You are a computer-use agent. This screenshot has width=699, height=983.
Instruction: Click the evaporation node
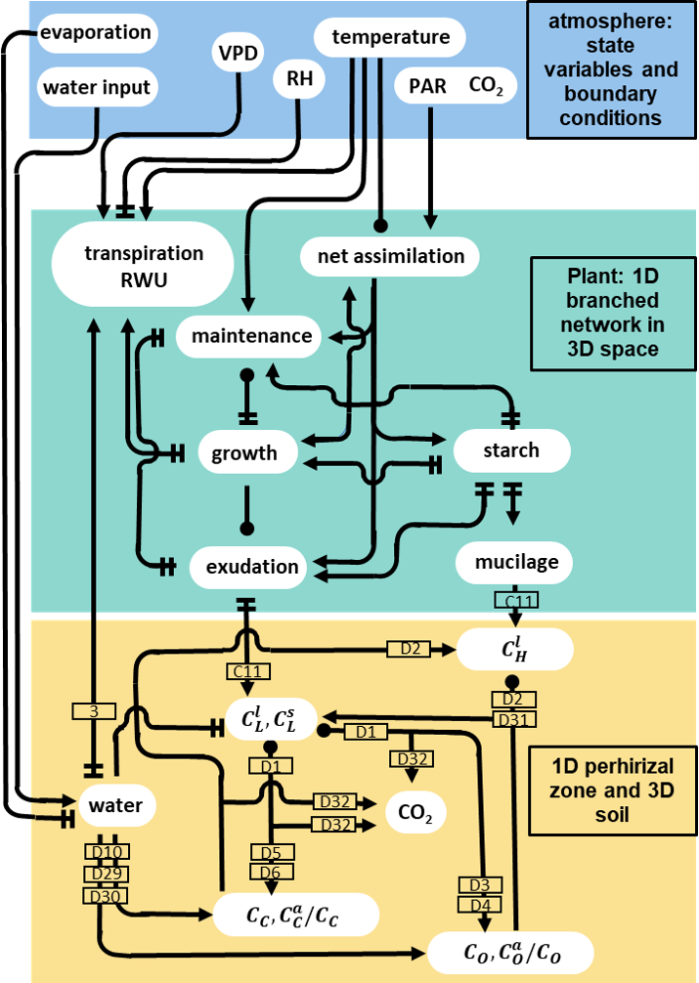95,33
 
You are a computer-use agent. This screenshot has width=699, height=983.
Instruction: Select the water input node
96,88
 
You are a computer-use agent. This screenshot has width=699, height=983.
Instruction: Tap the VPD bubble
239,54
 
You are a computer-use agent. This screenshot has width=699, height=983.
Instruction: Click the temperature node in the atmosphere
390,38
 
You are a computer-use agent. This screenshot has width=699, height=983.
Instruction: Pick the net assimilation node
391,256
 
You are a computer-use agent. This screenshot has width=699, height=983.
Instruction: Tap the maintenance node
250,336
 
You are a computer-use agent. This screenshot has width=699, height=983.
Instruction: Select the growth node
244,452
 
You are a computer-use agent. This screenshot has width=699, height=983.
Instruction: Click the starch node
511,450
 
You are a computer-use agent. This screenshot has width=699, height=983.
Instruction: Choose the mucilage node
516,562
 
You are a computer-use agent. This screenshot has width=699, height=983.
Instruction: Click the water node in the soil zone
115,806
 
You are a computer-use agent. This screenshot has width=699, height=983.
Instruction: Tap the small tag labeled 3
94,711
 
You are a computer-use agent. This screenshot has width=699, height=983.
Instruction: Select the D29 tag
106,873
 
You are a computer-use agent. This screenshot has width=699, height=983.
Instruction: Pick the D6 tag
270,872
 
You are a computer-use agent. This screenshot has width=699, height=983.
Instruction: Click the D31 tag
510,719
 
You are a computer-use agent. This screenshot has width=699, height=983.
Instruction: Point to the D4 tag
478,904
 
